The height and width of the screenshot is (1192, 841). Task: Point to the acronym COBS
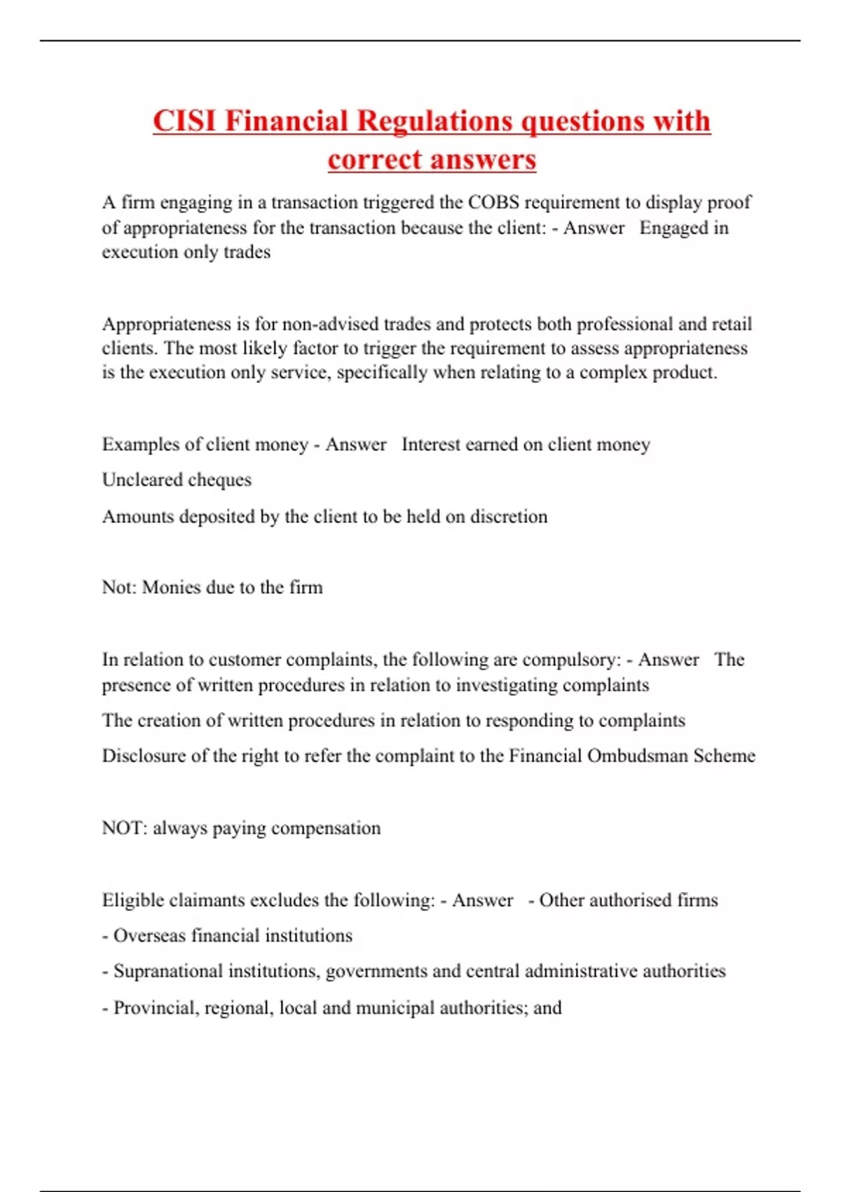click(x=493, y=203)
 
